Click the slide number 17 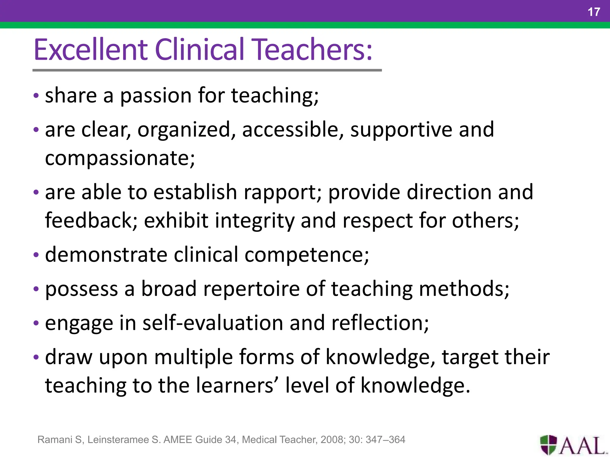594,12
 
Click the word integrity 254,221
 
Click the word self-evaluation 213,323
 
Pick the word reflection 380,323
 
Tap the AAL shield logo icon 548,445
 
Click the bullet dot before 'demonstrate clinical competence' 36,255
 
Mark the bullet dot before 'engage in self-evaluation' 36,323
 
